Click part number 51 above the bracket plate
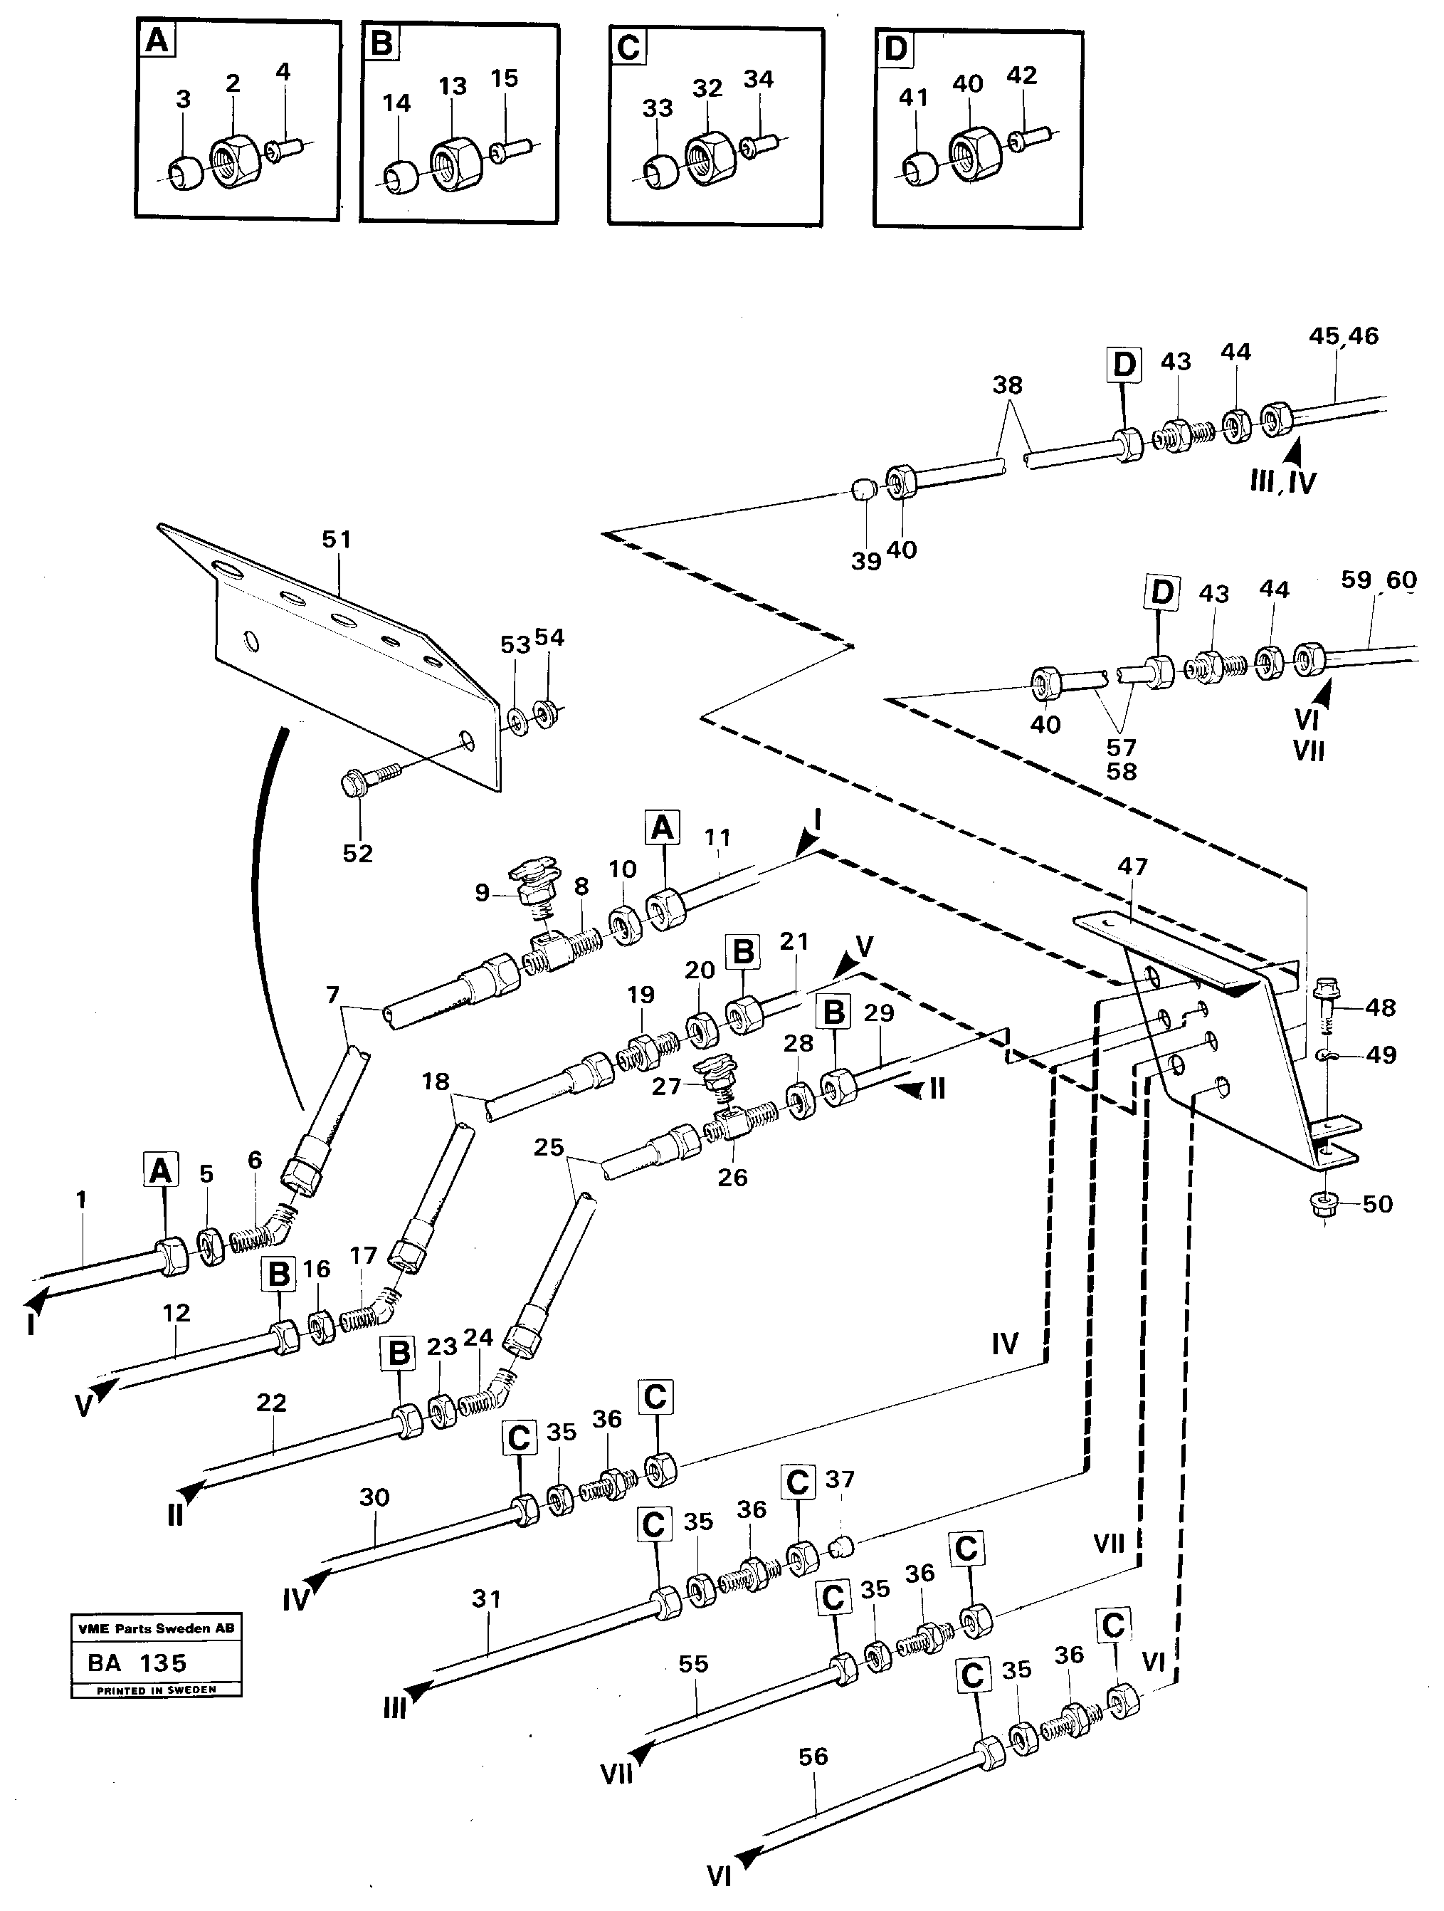tap(336, 540)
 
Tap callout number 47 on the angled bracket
tap(1132, 866)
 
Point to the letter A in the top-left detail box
tap(157, 41)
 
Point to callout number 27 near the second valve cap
tap(667, 1086)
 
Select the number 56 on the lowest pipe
tap(813, 1756)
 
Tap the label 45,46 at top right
tap(1344, 336)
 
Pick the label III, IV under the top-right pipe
tap(1282, 481)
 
